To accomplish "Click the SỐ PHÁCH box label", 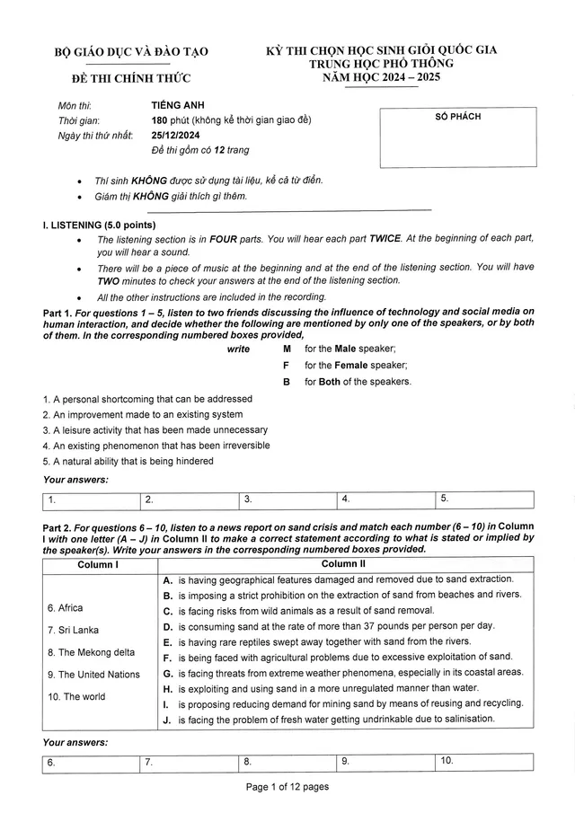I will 458,118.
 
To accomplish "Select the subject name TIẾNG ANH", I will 175,105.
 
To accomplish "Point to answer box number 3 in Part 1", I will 288,499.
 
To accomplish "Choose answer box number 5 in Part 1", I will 484,499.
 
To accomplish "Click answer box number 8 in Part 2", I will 288,762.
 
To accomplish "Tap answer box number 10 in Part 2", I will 484,762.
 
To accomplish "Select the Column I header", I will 98,564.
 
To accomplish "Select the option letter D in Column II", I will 167,625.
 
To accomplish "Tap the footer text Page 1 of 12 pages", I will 287,788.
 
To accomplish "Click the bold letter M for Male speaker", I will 287,349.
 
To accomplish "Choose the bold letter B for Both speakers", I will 287,382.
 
